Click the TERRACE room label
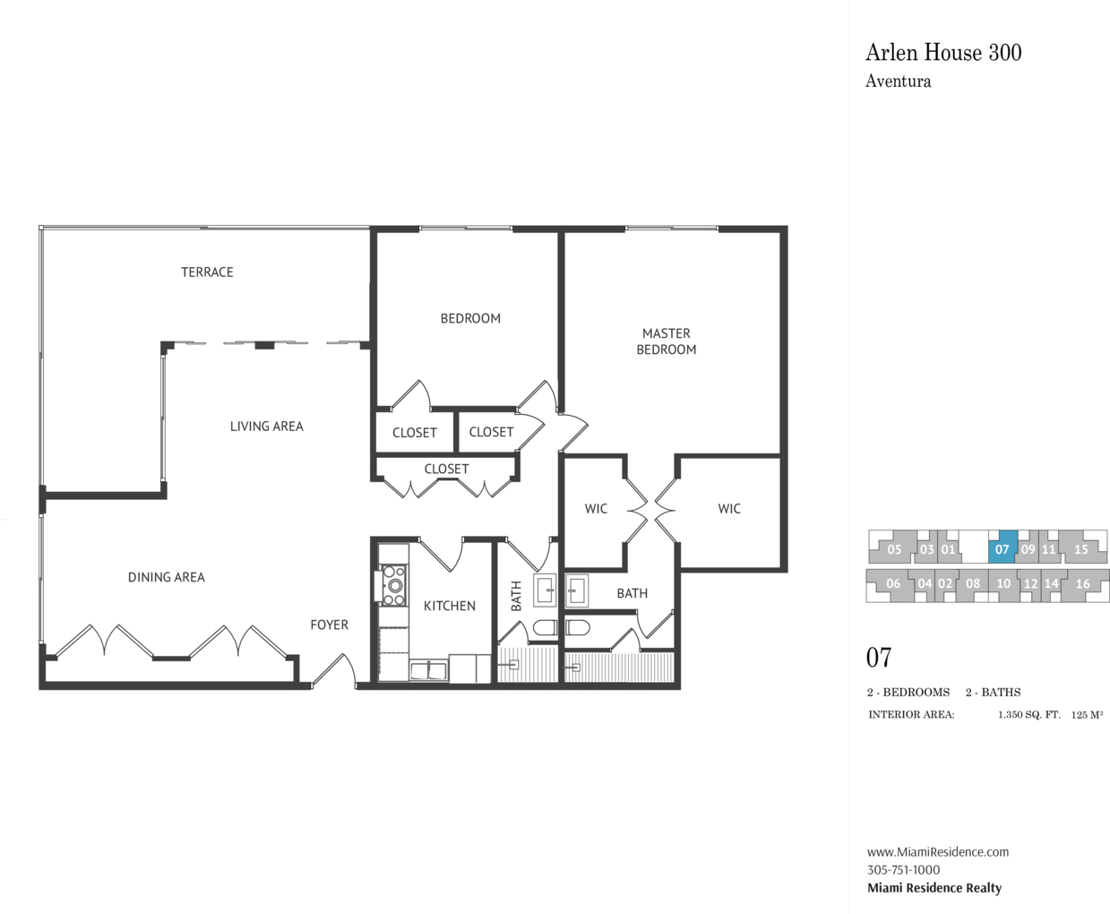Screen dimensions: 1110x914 click(207, 272)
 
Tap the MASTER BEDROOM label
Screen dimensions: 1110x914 click(667, 341)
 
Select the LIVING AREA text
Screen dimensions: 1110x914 click(266, 427)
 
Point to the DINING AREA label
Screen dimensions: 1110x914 click(167, 577)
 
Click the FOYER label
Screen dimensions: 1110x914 click(329, 625)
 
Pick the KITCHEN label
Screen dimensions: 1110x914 click(450, 606)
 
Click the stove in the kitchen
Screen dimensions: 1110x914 click(393, 585)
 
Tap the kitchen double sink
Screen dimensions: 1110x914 click(428, 671)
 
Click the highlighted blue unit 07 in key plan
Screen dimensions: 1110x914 click(1002, 548)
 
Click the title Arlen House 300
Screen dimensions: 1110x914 click(943, 53)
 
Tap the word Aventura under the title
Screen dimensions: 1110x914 click(899, 81)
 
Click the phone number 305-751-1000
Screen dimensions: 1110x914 click(904, 870)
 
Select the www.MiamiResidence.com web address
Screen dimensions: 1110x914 click(938, 852)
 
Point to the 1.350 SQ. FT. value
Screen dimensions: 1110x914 click(1029, 715)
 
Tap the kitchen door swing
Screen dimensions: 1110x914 click(441, 554)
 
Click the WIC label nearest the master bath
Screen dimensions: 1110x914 click(596, 509)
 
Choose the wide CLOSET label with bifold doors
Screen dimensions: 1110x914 click(446, 470)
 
